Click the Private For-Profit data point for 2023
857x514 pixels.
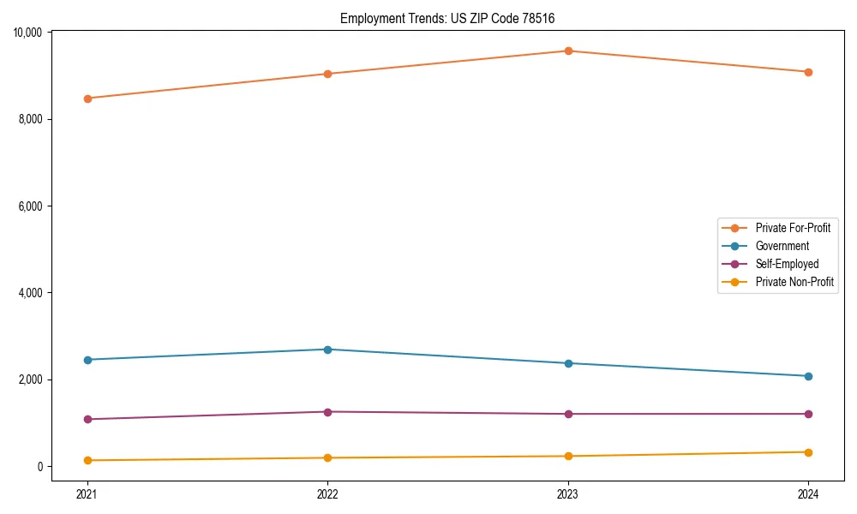(568, 51)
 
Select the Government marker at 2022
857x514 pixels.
(327, 350)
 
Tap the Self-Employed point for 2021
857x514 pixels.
(87, 419)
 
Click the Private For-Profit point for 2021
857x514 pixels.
(87, 99)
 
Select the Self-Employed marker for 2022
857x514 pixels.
(327, 412)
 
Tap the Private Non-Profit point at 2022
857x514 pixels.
(327, 457)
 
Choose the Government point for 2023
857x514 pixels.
(568, 363)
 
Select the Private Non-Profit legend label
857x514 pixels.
(794, 282)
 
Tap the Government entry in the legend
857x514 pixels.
(782, 246)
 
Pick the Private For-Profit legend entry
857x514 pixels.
(793, 228)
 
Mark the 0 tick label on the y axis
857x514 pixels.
(39, 467)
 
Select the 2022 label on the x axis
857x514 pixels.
(327, 494)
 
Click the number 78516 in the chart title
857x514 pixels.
(548, 18)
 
